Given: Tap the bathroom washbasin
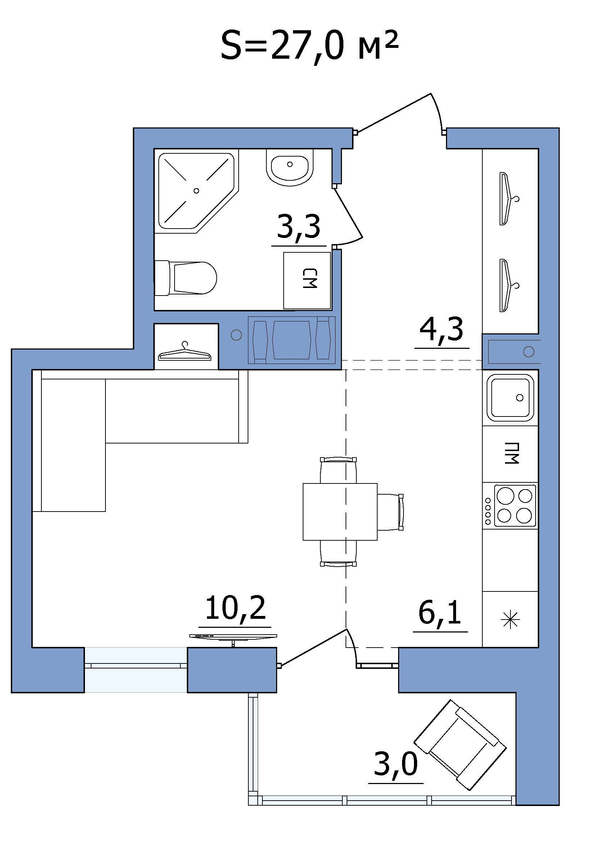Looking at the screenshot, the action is (290, 168).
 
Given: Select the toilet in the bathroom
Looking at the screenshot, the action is (185, 278).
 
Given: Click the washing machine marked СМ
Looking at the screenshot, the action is (307, 280).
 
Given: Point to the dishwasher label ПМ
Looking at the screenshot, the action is (511, 453).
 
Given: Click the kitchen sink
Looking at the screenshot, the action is (510, 398).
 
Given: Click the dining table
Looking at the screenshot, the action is (340, 512).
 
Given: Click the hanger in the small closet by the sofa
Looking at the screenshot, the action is (184, 352).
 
